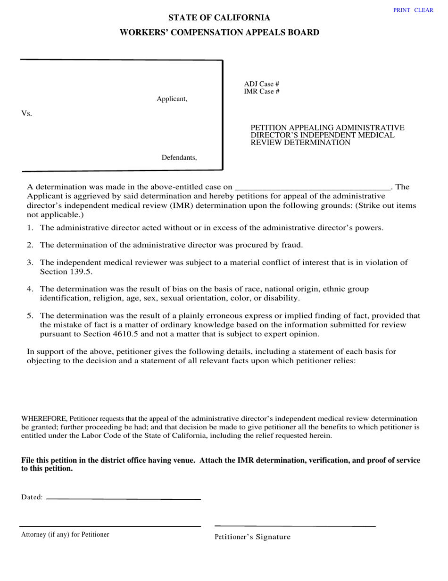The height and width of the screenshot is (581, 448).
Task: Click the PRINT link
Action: click(x=401, y=10)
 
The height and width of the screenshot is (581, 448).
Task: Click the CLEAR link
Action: click(x=423, y=10)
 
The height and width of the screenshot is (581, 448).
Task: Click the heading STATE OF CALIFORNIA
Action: click(x=219, y=18)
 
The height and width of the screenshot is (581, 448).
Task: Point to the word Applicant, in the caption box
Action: click(x=172, y=99)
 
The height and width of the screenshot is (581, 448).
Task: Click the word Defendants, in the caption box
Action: click(x=179, y=158)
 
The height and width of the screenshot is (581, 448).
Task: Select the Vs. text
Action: click(x=26, y=114)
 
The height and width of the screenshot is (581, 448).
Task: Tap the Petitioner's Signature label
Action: click(x=252, y=537)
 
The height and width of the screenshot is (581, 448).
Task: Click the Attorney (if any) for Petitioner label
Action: click(x=65, y=535)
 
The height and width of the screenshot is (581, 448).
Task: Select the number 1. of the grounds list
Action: click(x=30, y=228)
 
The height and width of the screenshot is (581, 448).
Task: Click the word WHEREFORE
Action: click(x=45, y=419)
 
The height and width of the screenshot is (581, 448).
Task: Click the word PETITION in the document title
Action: click(x=269, y=128)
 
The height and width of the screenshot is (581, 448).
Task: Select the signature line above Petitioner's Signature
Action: click(x=295, y=526)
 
